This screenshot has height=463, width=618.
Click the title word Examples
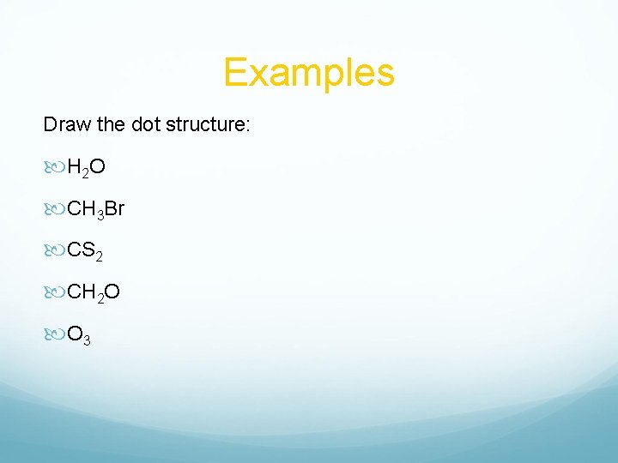[309, 72]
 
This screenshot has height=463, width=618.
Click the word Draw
[64, 124]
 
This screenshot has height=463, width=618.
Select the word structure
[212, 124]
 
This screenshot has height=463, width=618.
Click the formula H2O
[86, 165]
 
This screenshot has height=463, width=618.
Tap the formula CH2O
[94, 292]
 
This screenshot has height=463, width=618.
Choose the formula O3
[79, 335]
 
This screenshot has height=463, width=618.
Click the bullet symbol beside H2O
[54, 165]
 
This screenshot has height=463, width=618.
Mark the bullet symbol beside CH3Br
[54, 207]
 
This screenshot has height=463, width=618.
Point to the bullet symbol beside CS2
[54, 250]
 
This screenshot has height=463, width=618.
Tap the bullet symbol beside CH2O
[54, 292]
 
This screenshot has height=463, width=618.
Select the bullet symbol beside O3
[54, 335]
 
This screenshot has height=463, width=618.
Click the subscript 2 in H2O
[86, 171]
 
